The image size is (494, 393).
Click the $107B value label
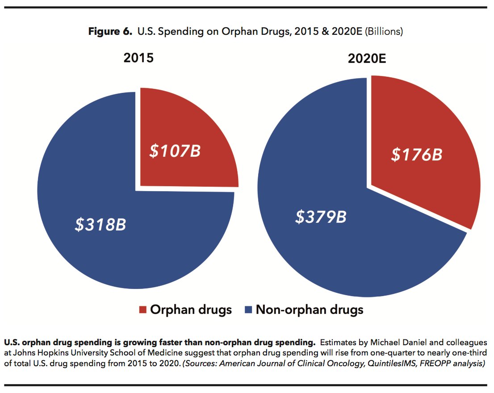point(175,151)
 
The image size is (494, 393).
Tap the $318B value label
point(100,224)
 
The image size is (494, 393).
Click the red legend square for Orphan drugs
point(143,309)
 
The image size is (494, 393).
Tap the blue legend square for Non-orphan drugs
point(248,309)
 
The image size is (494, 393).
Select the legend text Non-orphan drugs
point(309,309)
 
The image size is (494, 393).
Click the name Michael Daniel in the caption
point(388,343)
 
